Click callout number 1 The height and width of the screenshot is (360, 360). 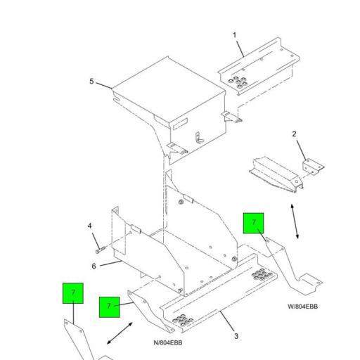tap(235, 34)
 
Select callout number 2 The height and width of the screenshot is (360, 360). tap(295, 134)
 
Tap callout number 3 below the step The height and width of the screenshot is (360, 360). tap(236, 336)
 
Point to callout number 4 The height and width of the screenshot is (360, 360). tap(89, 226)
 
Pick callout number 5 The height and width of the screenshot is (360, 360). tap(91, 82)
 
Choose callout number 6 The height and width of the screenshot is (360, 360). tap(94, 266)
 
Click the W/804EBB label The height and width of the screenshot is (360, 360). tap(302, 307)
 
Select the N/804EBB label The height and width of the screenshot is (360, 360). tap(168, 342)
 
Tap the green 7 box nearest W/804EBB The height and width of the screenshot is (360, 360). tap(253, 224)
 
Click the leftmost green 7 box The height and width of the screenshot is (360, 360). tap(72, 292)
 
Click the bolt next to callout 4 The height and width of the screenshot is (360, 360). tap(98, 247)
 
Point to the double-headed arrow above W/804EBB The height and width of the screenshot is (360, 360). tap(297, 221)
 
